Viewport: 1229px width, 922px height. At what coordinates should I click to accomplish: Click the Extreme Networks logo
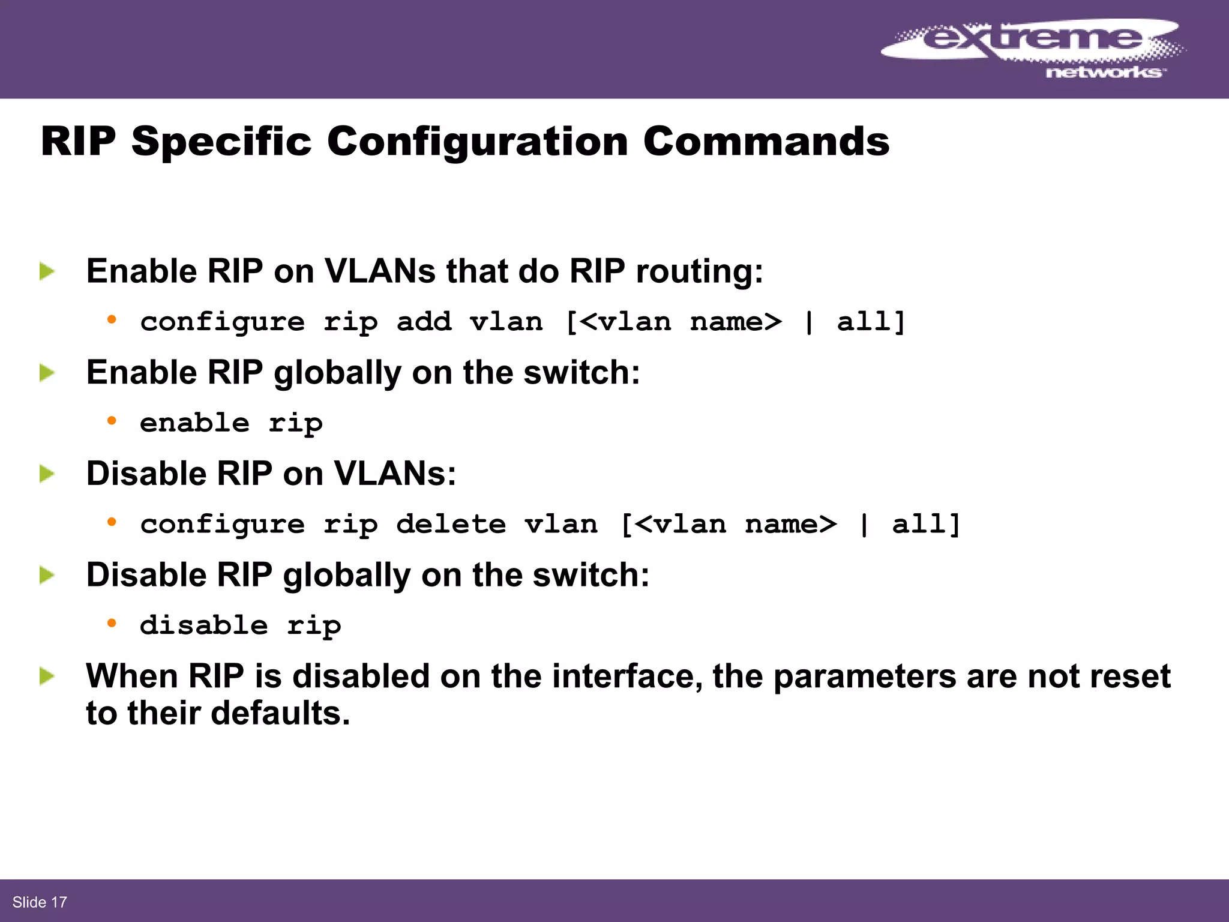coord(1032,48)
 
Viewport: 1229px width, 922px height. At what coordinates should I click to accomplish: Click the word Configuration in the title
coord(477,142)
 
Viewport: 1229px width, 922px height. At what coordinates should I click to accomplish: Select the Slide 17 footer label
coord(40,902)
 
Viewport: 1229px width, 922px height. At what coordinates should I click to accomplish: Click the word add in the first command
coord(424,322)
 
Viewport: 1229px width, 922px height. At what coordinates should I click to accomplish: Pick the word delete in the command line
coord(451,525)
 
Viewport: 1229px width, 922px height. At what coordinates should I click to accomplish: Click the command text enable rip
coord(231,423)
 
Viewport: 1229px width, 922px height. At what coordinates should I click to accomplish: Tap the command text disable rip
coord(240,625)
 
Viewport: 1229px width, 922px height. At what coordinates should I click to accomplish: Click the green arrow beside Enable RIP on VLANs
coord(47,271)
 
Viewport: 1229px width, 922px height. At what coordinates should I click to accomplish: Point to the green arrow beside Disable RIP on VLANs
coord(47,474)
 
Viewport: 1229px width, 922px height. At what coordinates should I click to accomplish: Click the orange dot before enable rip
coord(112,421)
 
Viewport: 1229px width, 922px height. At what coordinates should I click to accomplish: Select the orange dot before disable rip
coord(112,623)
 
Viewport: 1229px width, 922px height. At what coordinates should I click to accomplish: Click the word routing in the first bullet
coord(699,272)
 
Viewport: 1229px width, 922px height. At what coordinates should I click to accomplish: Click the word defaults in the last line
coord(280,713)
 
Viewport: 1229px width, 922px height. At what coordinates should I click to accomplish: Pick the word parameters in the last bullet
coord(864,676)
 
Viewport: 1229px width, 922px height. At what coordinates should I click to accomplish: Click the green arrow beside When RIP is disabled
coord(47,677)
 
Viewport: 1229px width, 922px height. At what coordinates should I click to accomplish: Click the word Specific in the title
coord(221,142)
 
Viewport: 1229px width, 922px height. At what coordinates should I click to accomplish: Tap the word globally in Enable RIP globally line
coord(337,373)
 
